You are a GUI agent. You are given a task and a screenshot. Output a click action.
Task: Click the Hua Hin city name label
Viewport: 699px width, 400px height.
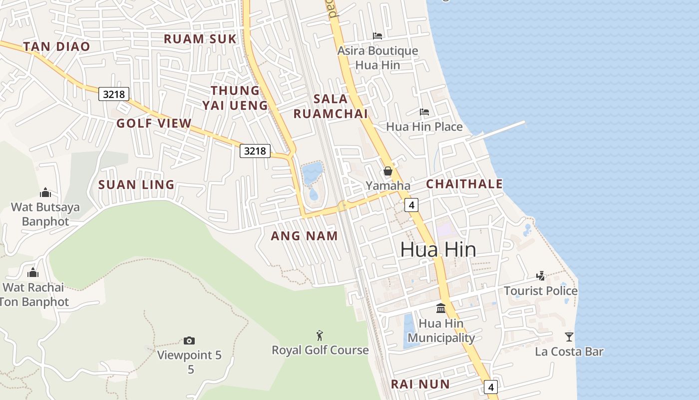(x=438, y=249)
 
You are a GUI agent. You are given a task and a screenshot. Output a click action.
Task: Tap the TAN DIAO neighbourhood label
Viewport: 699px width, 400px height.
(x=56, y=46)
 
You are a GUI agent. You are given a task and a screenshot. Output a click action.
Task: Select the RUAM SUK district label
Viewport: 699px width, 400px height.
(x=200, y=38)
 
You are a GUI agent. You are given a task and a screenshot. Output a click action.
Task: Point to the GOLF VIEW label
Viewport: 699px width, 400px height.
(x=154, y=123)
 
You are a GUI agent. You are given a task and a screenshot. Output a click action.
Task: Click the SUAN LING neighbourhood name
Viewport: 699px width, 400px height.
(x=136, y=184)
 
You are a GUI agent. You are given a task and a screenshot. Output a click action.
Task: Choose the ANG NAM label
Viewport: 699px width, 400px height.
(x=304, y=235)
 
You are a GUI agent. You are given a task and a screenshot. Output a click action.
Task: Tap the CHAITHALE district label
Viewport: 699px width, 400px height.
(x=464, y=183)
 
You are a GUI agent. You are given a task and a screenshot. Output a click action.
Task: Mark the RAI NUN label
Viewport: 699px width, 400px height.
(x=420, y=384)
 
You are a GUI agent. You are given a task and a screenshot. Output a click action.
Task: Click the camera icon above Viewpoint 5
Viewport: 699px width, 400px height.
(x=189, y=340)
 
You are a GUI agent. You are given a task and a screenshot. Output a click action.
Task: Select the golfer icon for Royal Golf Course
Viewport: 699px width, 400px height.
(x=320, y=335)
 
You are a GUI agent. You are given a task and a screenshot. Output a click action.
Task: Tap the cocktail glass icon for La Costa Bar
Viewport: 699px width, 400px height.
(x=569, y=336)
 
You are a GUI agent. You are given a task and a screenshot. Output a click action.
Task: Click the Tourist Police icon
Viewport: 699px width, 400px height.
(x=540, y=275)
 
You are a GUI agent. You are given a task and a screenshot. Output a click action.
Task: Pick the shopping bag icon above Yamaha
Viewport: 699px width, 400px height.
(x=388, y=171)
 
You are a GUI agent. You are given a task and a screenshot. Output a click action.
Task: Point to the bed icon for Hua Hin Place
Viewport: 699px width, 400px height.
(x=424, y=111)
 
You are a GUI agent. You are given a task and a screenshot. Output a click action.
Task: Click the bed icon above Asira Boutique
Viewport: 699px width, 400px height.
(x=377, y=35)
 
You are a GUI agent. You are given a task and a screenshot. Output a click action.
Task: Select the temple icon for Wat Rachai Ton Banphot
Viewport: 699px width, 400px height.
(x=33, y=272)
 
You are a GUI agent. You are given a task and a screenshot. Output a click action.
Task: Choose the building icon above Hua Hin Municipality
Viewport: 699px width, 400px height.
(x=441, y=308)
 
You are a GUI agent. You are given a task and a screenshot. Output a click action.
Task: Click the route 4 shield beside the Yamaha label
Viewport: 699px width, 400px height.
(x=411, y=204)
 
